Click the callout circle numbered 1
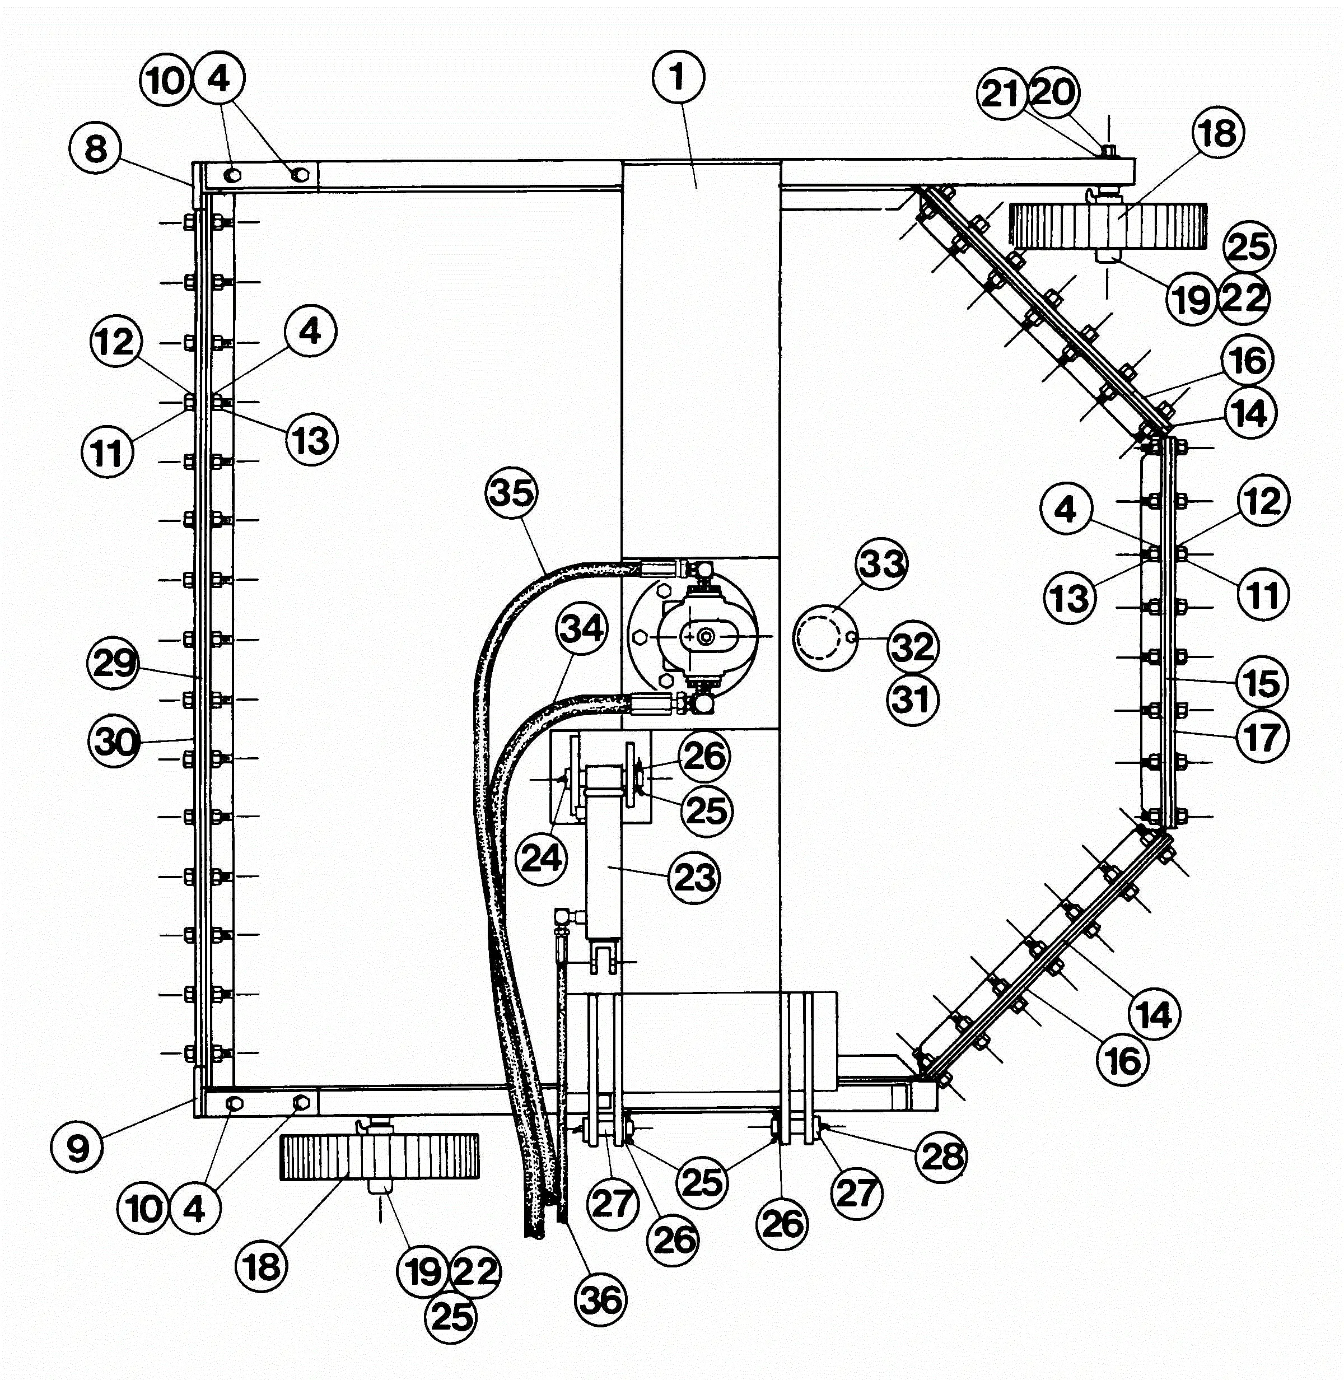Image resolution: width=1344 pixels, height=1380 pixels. point(678,77)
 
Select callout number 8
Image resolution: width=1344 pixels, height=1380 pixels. point(96,149)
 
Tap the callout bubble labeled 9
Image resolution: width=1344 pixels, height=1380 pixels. point(77,1147)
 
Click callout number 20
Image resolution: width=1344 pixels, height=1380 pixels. point(1054,92)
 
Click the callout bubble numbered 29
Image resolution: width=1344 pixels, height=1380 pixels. point(113,664)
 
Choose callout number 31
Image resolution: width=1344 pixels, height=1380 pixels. point(913,700)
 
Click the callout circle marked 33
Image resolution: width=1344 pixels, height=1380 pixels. point(883,563)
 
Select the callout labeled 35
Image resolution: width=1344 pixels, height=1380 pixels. point(512,492)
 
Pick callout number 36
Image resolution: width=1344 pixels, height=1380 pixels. point(601,1299)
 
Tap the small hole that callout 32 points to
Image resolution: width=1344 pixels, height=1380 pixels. point(853,638)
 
